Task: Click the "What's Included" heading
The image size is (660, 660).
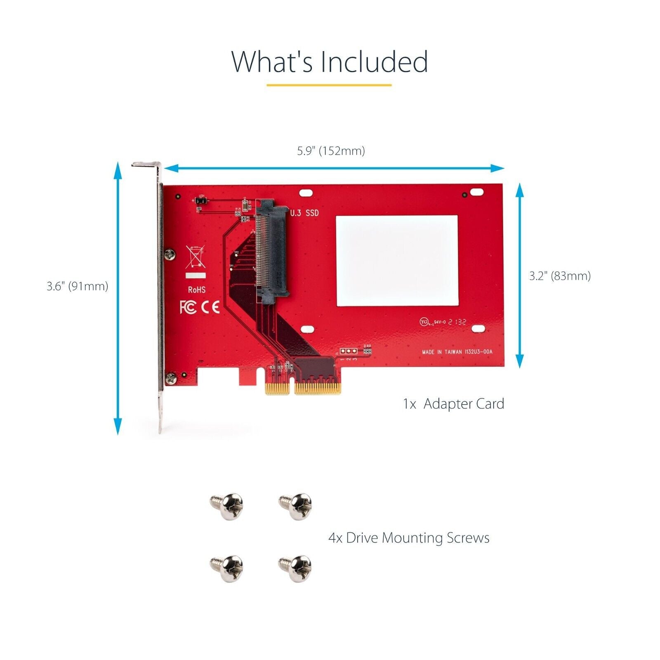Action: [x=329, y=62]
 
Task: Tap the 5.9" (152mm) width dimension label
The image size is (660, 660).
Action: [x=331, y=151]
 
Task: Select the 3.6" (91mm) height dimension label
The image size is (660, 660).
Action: [x=77, y=286]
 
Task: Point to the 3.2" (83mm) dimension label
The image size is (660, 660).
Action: [x=560, y=276]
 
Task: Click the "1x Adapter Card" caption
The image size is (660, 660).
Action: [x=453, y=404]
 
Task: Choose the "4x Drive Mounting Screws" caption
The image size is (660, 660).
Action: [x=408, y=538]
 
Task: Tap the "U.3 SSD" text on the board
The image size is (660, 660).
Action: [x=304, y=213]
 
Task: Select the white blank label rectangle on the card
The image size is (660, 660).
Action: [x=397, y=261]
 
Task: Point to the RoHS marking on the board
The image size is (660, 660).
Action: [x=197, y=290]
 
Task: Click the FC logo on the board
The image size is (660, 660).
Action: [x=188, y=307]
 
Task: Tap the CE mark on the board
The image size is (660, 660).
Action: [x=210, y=307]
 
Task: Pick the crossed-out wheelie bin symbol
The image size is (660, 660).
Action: [x=195, y=257]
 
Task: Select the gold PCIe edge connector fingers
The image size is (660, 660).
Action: [x=303, y=389]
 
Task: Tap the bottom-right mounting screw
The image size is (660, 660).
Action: [x=296, y=568]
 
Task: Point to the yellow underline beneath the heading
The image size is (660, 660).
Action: [x=329, y=85]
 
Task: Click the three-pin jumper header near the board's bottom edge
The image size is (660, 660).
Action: [x=349, y=351]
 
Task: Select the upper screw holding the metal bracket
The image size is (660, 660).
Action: [x=169, y=255]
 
